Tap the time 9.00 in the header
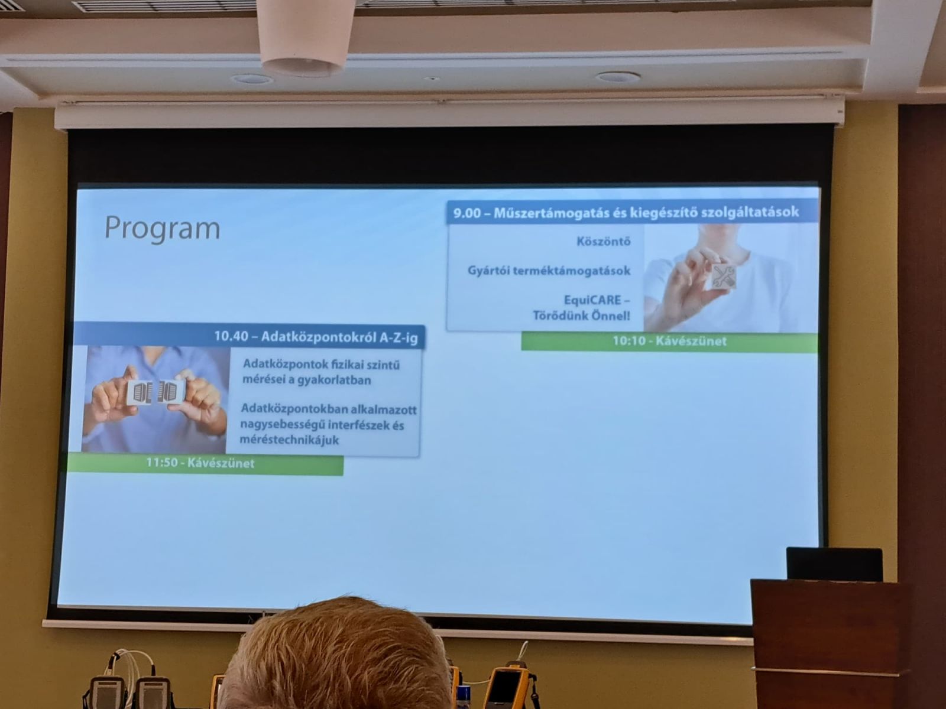(466, 213)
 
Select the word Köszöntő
(604, 241)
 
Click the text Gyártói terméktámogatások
(549, 271)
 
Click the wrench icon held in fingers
(723, 276)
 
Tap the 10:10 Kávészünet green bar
(669, 342)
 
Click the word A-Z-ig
(399, 338)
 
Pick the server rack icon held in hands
(155, 392)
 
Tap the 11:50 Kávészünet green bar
(206, 464)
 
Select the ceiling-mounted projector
(306, 37)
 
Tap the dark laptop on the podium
(834, 564)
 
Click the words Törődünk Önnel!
(581, 316)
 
